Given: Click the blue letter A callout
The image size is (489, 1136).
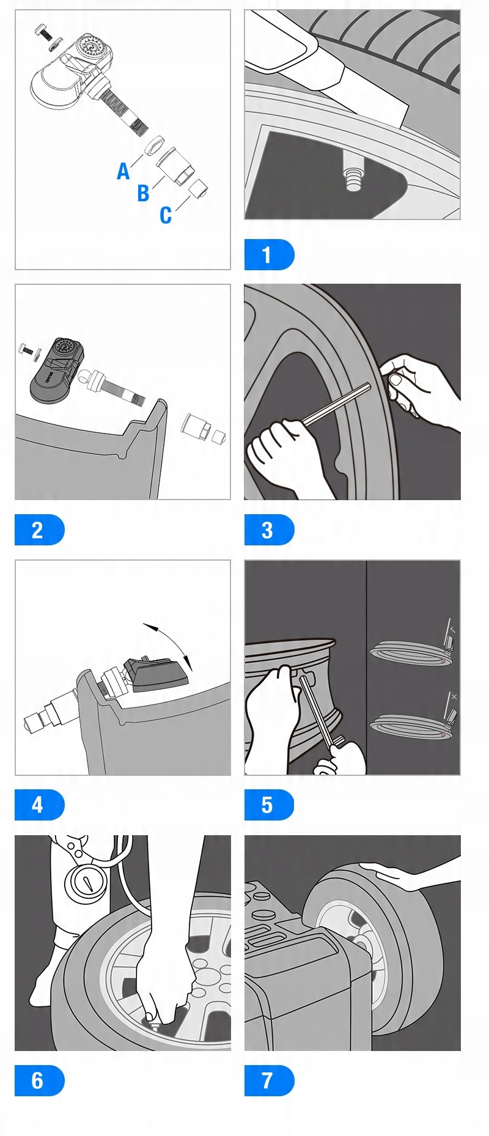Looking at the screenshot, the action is (123, 171).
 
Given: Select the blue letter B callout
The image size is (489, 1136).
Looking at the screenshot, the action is (143, 193).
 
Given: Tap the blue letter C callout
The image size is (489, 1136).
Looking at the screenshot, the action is (166, 215).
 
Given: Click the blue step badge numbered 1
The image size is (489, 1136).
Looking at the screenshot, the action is (269, 254).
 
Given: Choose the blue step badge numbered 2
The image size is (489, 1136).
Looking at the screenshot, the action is (39, 529).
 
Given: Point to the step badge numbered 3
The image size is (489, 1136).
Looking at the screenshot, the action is (269, 529).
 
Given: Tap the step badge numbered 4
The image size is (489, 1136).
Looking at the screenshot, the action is (39, 805).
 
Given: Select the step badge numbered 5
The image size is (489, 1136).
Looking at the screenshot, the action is (269, 805).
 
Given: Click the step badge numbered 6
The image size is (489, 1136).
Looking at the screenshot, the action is (39, 1080).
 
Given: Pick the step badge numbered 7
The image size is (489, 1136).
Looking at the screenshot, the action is (269, 1080).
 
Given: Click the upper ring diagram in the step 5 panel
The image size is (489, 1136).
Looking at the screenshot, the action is (411, 651).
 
